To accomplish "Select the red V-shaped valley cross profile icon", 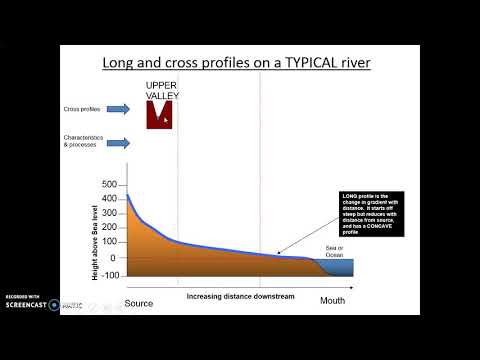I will pos(160,115).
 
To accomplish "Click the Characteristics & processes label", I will pos(83,142).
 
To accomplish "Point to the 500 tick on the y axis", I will pos(109,186).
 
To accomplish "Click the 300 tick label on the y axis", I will pos(109,215).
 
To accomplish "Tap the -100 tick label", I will pos(107,274).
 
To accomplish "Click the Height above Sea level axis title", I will pos(95,230).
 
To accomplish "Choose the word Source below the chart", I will pos(139,302).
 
